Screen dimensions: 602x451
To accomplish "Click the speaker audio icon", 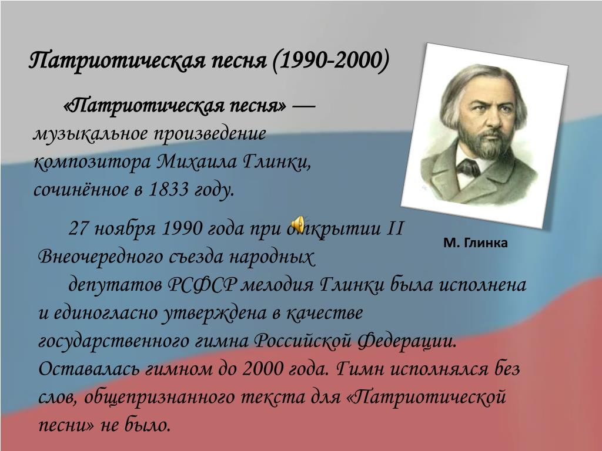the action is click(298, 224).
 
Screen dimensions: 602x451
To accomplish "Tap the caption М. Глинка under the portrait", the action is click(475, 243).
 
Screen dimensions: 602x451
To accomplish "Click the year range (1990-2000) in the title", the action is click(331, 60).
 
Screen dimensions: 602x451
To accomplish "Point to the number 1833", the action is click(169, 189).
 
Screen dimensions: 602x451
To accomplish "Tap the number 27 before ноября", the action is click(79, 228).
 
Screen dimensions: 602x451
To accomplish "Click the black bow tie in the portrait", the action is click(469, 167).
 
